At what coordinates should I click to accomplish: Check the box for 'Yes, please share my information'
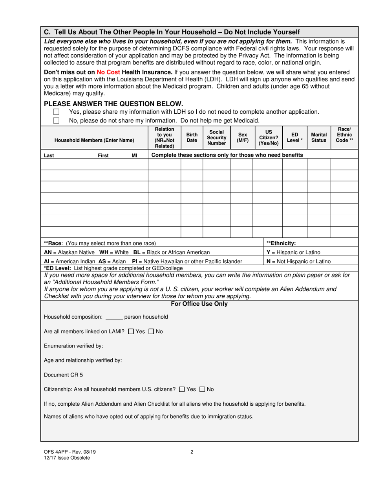tap(56, 112)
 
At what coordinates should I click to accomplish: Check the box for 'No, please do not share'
tap(56, 120)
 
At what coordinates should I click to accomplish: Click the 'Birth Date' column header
tap(192, 137)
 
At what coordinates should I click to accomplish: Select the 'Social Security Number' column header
tap(216, 137)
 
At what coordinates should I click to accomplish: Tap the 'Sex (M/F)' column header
tap(241, 137)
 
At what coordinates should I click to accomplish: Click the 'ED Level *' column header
tap(294, 137)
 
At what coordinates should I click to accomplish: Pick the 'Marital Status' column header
tap(319, 137)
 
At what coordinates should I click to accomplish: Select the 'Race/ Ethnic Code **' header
tap(344, 135)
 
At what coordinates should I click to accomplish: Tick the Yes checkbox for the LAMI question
tap(131, 332)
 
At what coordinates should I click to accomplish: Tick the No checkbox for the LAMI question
tap(152, 332)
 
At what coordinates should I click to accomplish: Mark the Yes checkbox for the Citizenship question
tap(181, 390)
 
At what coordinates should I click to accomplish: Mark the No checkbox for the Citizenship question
tap(202, 390)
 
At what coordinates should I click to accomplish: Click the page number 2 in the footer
tap(192, 452)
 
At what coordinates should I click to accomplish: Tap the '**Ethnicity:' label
tap(281, 243)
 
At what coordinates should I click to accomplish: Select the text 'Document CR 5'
tap(63, 375)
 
